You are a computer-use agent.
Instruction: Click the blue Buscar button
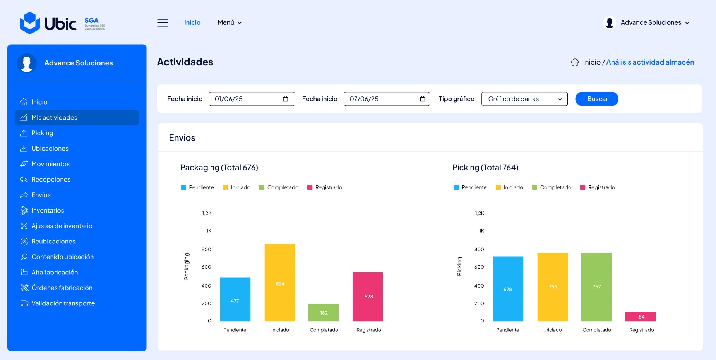(x=597, y=99)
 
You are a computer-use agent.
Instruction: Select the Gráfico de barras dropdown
(x=524, y=99)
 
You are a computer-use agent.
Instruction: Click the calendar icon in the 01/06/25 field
(x=286, y=99)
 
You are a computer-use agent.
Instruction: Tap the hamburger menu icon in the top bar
(x=163, y=23)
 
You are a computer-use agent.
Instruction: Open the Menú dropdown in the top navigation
(x=230, y=22)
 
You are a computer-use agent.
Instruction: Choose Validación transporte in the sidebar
(x=57, y=303)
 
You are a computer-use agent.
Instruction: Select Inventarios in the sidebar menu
(x=42, y=210)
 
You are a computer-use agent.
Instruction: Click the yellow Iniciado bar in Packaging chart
(x=280, y=283)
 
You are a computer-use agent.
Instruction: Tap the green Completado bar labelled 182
(x=324, y=312)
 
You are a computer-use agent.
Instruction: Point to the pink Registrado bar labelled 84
(x=641, y=317)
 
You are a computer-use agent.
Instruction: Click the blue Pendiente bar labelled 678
(x=508, y=289)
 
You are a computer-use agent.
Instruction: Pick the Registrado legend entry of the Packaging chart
(x=325, y=187)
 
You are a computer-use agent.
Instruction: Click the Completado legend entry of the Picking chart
(x=552, y=187)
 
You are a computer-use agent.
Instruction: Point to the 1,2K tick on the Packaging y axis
(x=207, y=213)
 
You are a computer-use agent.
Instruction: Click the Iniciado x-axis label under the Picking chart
(x=553, y=330)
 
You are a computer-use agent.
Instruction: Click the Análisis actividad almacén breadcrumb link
(x=650, y=62)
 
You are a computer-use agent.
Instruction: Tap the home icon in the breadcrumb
(x=575, y=62)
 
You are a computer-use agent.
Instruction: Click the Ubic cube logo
(x=30, y=23)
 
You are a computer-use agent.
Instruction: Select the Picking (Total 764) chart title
(x=485, y=168)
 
